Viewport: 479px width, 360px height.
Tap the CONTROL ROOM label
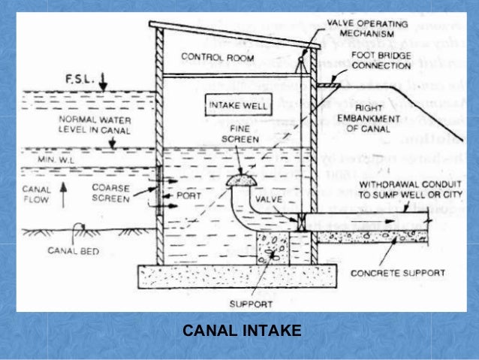tap(207, 58)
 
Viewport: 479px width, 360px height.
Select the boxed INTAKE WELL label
tap(236, 105)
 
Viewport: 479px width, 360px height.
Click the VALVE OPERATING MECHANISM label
tap(367, 29)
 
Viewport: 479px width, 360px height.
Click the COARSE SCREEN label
tap(111, 193)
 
